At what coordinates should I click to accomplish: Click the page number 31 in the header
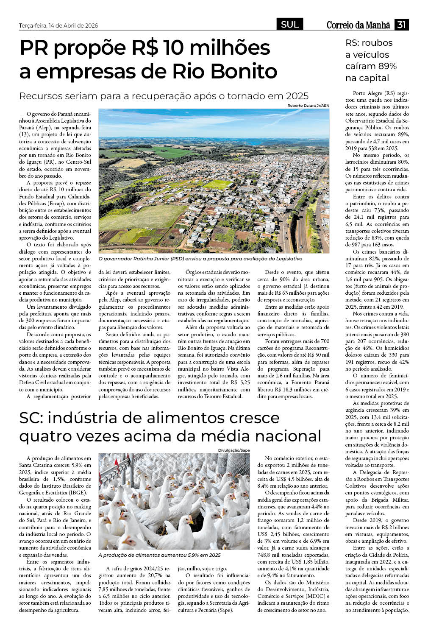pyautogui.click(x=401, y=25)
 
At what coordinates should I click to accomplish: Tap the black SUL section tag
pyautogui.click(x=290, y=25)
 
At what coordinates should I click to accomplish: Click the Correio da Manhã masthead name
pyautogui.click(x=358, y=25)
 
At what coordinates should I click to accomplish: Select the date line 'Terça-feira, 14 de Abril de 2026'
pyautogui.click(x=58, y=25)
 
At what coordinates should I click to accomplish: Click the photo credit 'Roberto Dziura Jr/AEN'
pyautogui.click(x=308, y=106)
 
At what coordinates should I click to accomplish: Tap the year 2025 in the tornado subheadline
pyautogui.click(x=297, y=96)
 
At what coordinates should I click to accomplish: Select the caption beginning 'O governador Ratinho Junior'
pyautogui.click(x=200, y=258)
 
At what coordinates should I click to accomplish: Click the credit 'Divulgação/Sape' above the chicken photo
pyautogui.click(x=234, y=450)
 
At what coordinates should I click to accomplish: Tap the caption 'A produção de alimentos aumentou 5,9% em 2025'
pyautogui.click(x=159, y=555)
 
